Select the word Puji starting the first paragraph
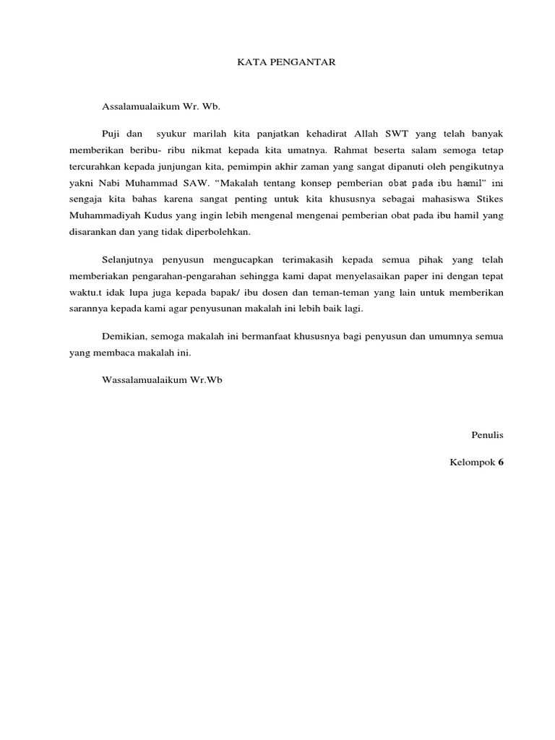[x=112, y=134]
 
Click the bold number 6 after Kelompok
[x=500, y=462]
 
